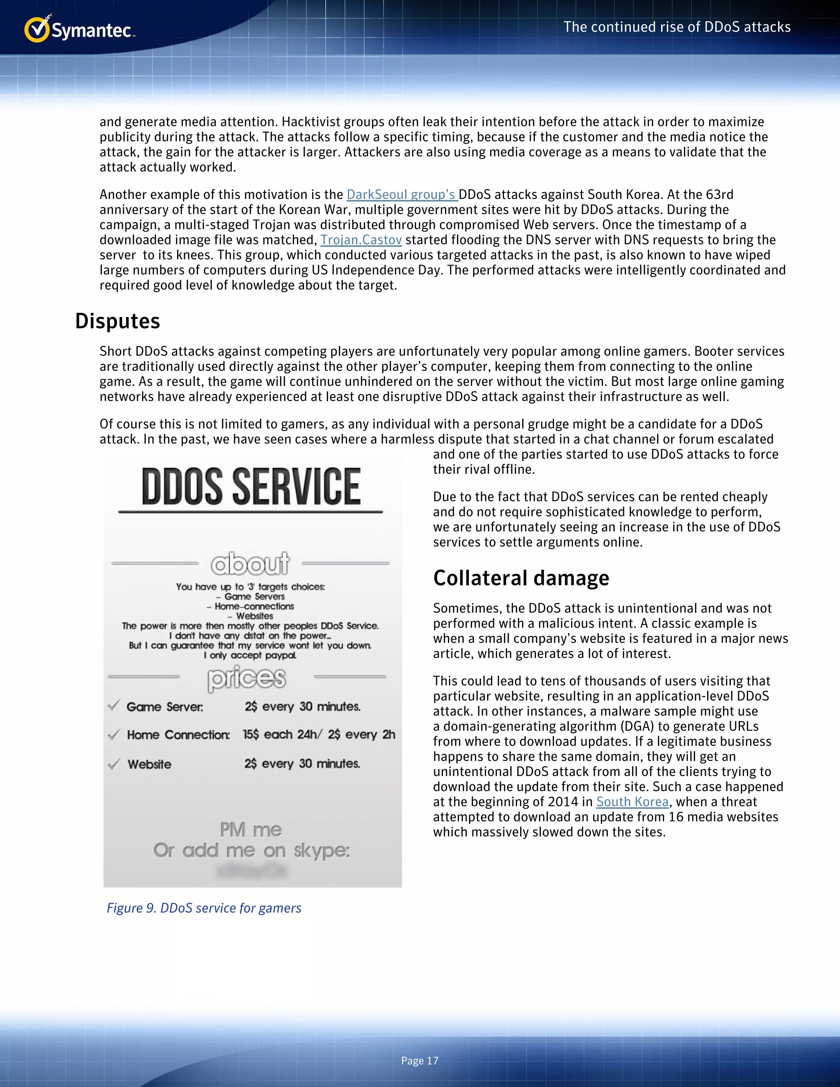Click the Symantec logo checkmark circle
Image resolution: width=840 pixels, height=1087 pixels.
coord(37,30)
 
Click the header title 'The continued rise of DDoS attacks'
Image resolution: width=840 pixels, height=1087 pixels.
coord(677,27)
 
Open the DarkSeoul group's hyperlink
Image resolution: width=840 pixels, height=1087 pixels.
coord(402,194)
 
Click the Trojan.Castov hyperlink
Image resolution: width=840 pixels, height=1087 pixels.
coord(361,240)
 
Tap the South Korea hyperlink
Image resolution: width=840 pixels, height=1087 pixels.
coord(632,802)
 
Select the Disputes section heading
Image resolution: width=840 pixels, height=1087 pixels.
coord(117,321)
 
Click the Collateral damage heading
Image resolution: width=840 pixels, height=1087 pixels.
coord(521,578)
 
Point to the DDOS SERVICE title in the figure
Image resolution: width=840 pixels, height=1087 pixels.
coord(251,486)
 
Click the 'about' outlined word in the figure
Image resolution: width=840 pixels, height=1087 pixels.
coord(250,564)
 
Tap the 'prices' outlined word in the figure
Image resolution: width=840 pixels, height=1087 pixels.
coord(247,678)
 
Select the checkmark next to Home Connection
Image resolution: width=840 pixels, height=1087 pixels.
coord(114,734)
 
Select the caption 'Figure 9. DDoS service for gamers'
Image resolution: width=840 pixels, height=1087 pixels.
coord(204,908)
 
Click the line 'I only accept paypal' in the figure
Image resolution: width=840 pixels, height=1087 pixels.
coord(250,655)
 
